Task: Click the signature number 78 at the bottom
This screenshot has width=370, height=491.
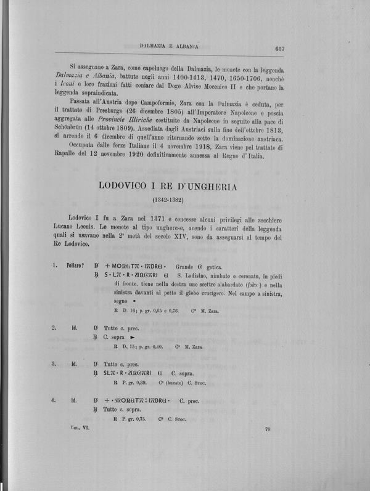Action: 268,429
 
